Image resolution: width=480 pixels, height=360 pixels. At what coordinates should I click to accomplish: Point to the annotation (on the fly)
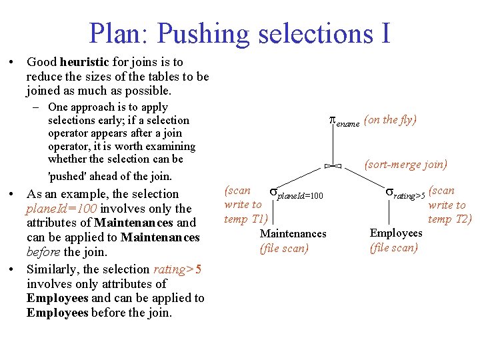click(391, 120)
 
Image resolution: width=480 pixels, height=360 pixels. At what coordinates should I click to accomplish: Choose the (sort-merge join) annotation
click(405, 164)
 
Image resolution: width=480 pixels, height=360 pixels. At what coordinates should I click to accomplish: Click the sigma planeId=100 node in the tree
click(296, 194)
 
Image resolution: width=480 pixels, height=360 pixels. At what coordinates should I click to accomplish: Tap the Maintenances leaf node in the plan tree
click(293, 233)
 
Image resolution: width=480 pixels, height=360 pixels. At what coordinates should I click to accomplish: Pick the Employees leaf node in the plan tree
click(396, 233)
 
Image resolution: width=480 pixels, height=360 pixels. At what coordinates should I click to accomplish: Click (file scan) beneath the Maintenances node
click(285, 248)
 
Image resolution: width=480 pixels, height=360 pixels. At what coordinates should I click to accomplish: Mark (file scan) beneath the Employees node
click(394, 247)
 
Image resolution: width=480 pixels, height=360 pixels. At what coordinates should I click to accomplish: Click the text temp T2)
click(449, 219)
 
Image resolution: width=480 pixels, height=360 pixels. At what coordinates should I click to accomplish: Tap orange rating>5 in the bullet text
click(177, 269)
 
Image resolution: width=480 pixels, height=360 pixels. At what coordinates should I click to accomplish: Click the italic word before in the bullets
click(44, 253)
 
